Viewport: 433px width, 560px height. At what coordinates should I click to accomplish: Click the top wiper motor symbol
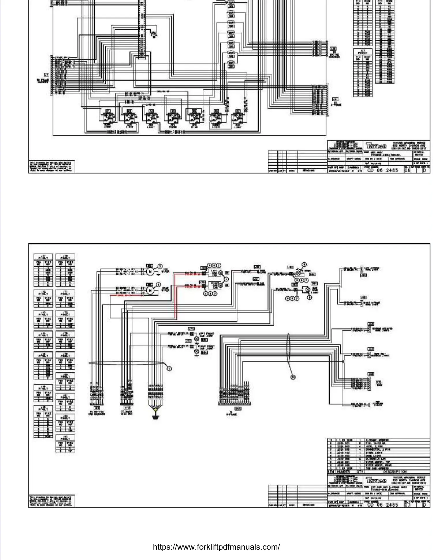pyautogui.click(x=150, y=271)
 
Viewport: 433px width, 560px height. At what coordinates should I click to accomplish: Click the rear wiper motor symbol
pyautogui.click(x=150, y=290)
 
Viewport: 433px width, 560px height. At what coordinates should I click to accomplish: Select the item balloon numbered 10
pyautogui.click(x=293, y=377)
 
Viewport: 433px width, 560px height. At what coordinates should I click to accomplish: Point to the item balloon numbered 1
pyautogui.click(x=169, y=369)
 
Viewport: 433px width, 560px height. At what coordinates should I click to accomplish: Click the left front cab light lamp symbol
pyautogui.click(x=197, y=338)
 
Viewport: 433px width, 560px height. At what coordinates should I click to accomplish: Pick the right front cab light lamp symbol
pyautogui.click(x=197, y=351)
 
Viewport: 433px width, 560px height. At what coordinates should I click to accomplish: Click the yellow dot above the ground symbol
pyautogui.click(x=156, y=410)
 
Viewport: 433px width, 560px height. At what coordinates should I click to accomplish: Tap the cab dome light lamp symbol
pyautogui.click(x=308, y=290)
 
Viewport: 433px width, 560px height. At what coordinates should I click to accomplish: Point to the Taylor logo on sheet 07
pyautogui.click(x=376, y=480)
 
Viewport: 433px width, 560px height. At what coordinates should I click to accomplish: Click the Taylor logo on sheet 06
pyautogui.click(x=376, y=146)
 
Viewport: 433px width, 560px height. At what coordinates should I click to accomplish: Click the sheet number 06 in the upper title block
pyautogui.click(x=407, y=170)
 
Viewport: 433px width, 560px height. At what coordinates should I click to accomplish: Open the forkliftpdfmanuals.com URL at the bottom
pyautogui.click(x=216, y=547)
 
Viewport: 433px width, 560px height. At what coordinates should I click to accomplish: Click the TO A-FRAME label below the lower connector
pyautogui.click(x=231, y=414)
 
